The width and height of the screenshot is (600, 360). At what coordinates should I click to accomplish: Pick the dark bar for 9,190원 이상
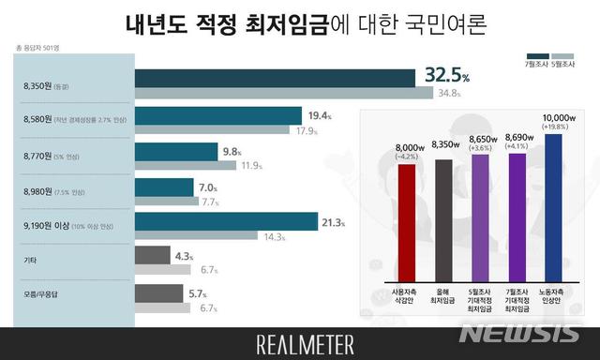pos(226,221)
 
